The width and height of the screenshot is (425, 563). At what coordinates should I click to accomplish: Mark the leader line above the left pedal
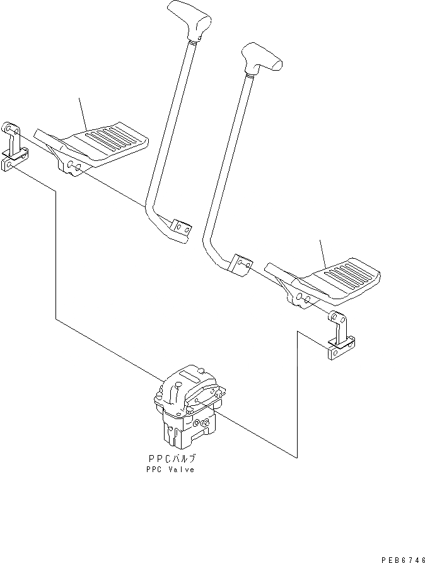point(83,114)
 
